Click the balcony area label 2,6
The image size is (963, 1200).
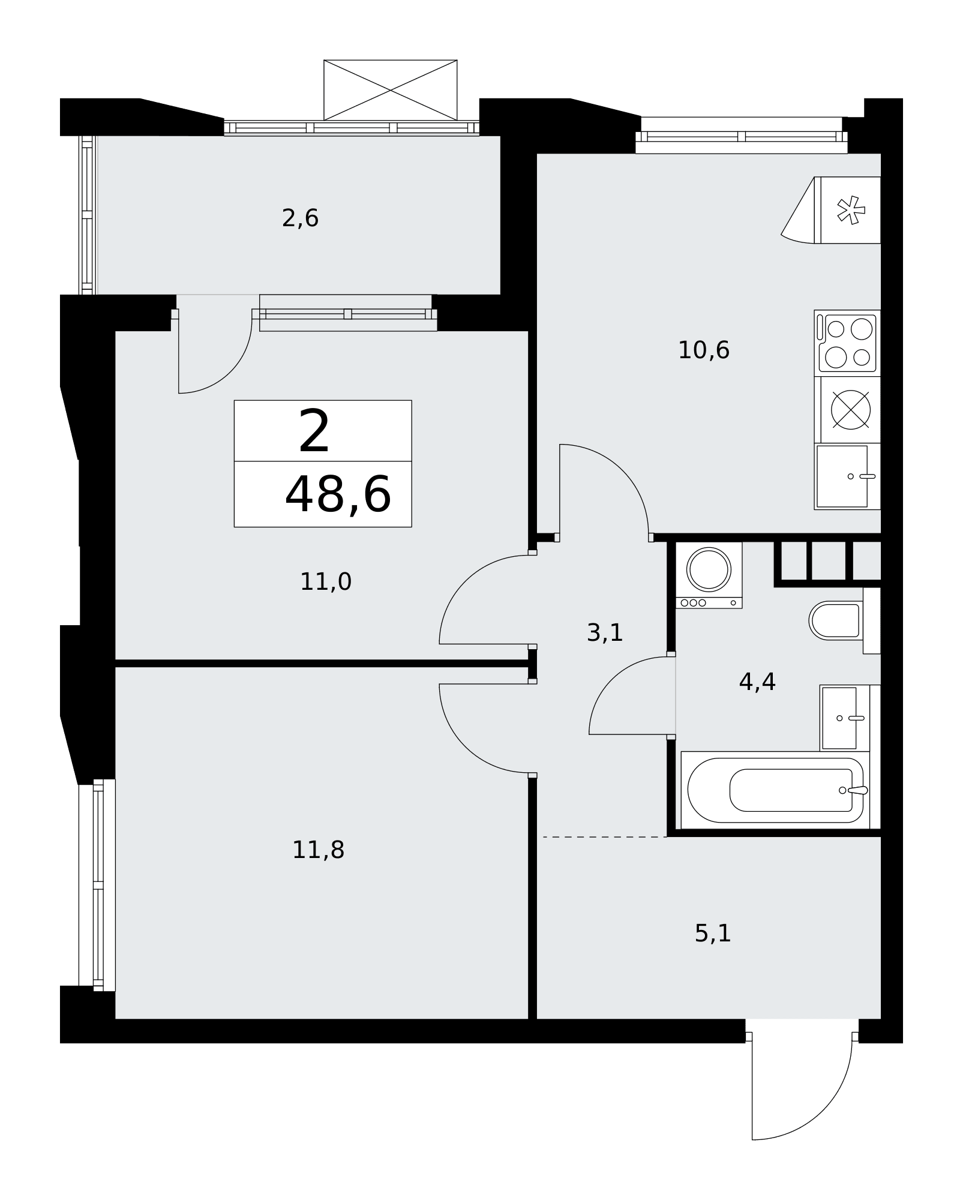click(x=300, y=218)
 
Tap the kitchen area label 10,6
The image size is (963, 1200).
click(x=704, y=350)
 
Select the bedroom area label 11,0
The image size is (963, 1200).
click(x=326, y=581)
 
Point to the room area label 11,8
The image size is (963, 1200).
click(x=318, y=850)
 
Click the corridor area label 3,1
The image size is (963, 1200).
click(x=605, y=632)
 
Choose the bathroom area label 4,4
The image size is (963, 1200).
click(x=757, y=682)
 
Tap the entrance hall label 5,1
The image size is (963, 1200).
click(x=713, y=933)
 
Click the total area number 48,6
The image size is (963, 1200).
click(x=338, y=495)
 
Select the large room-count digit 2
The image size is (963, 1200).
click(x=314, y=431)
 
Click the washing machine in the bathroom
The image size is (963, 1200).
click(x=709, y=575)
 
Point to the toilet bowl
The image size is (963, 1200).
click(x=836, y=620)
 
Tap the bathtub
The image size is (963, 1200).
click(x=775, y=790)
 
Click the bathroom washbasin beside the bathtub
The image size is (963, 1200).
click(x=844, y=718)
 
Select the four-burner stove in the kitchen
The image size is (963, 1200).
click(x=847, y=343)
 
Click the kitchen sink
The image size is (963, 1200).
click(x=847, y=476)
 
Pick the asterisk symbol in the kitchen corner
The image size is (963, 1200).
click(x=851, y=211)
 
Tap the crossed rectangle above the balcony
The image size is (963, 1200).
click(x=391, y=90)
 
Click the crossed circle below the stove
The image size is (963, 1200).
click(x=850, y=410)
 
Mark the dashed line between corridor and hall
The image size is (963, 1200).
click(x=604, y=836)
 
